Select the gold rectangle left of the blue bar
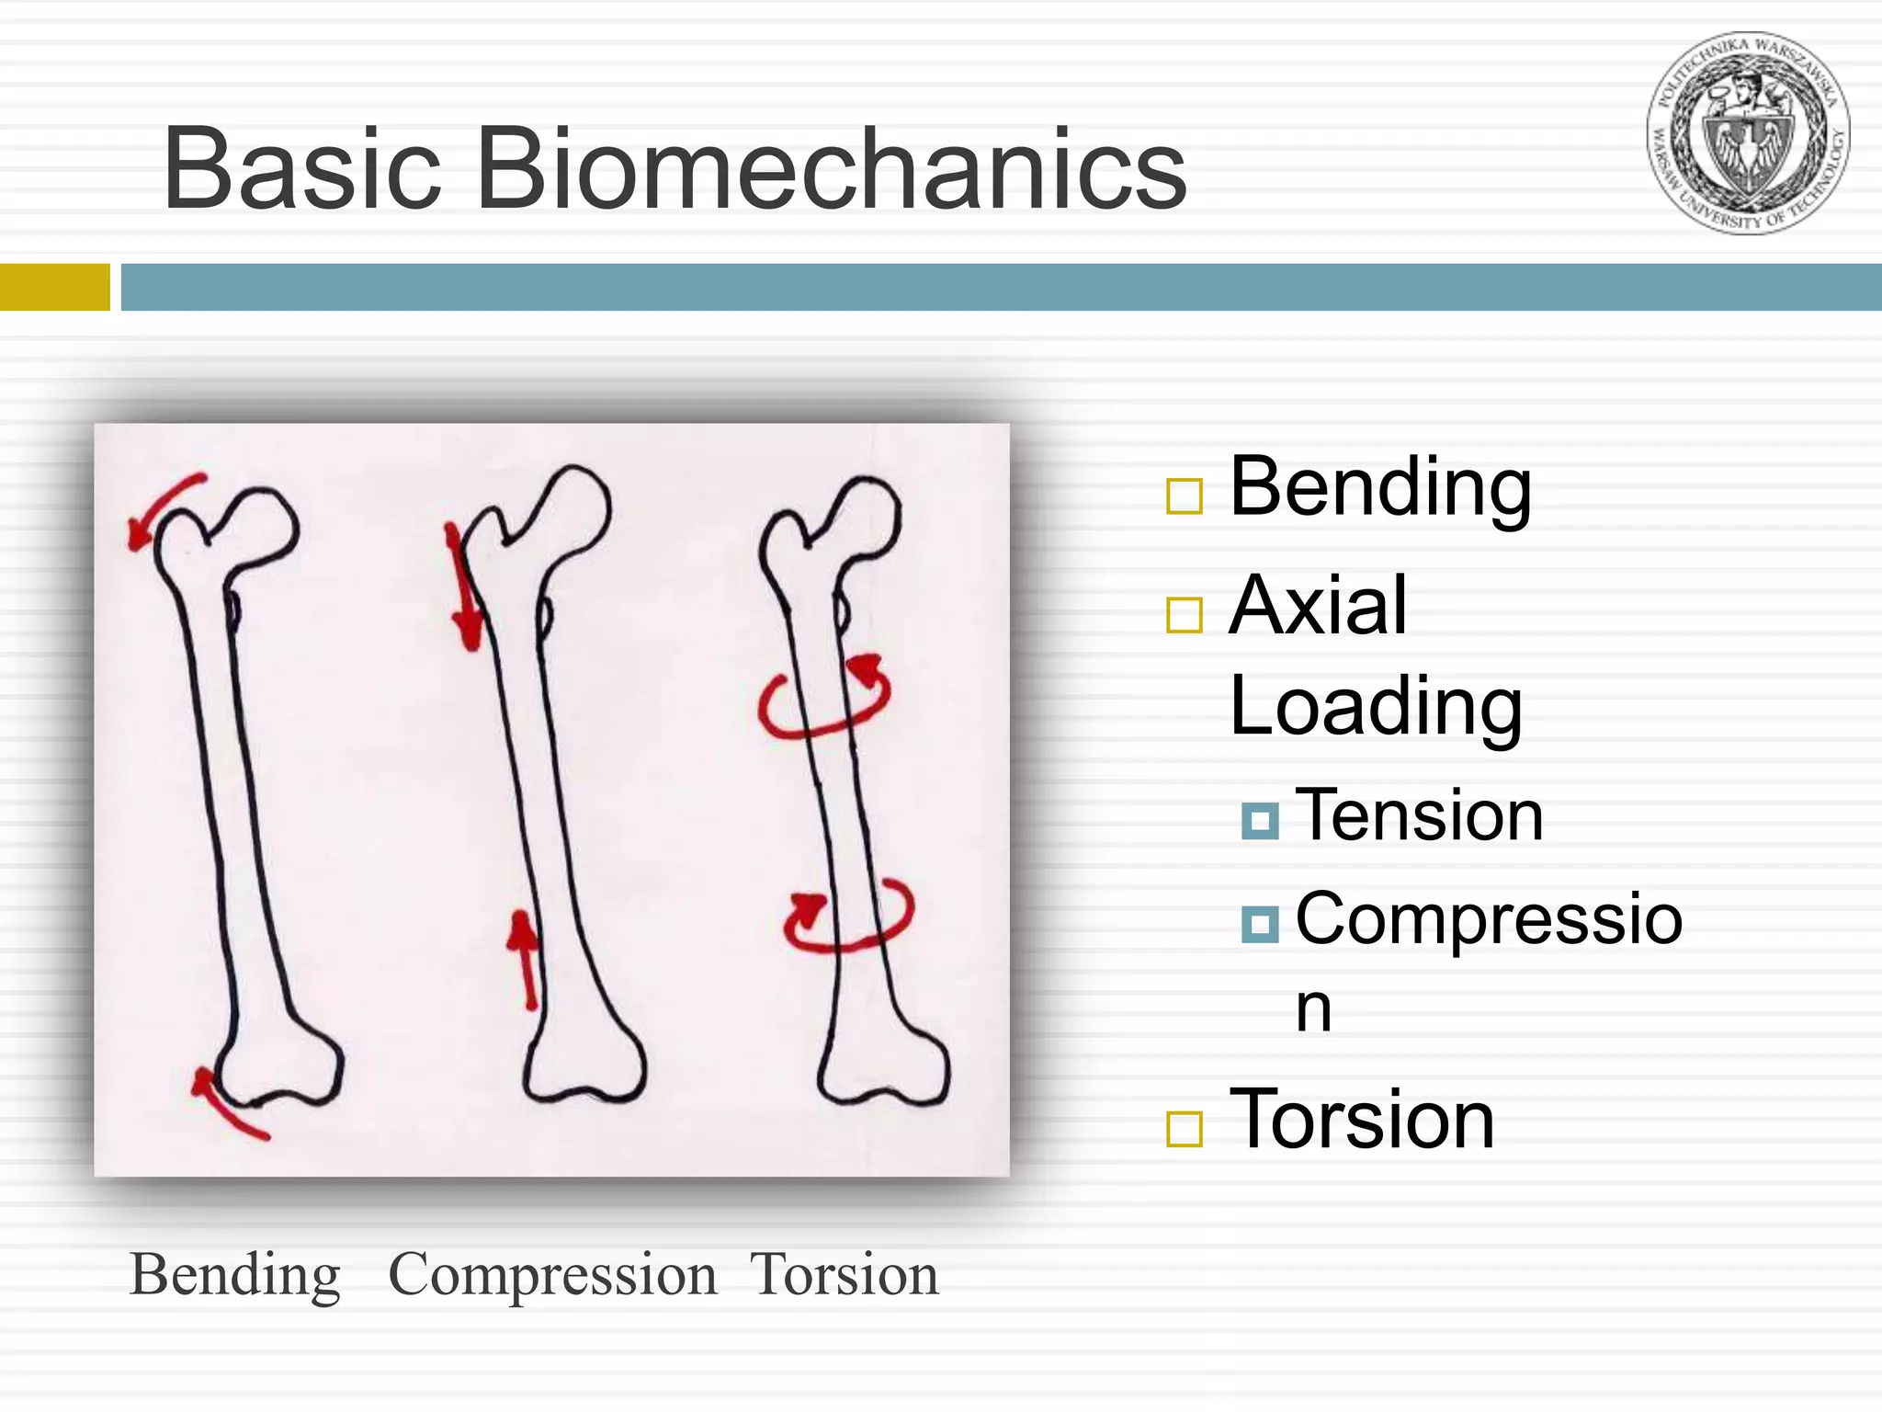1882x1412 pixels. pyautogui.click(x=54, y=287)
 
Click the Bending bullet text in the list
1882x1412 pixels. pyautogui.click(x=1379, y=488)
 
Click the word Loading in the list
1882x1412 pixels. pyautogui.click(x=1375, y=707)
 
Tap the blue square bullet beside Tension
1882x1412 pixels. pyautogui.click(x=1259, y=820)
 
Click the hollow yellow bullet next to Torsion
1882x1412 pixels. pyautogui.click(x=1184, y=1129)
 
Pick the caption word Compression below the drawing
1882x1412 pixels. pyautogui.click(x=552, y=1276)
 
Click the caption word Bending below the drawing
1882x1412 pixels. pyautogui.click(x=235, y=1276)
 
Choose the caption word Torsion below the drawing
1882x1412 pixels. pyautogui.click(x=844, y=1276)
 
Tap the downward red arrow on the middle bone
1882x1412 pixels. pyautogui.click(x=463, y=588)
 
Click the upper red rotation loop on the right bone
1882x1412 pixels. pyautogui.click(x=824, y=700)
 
